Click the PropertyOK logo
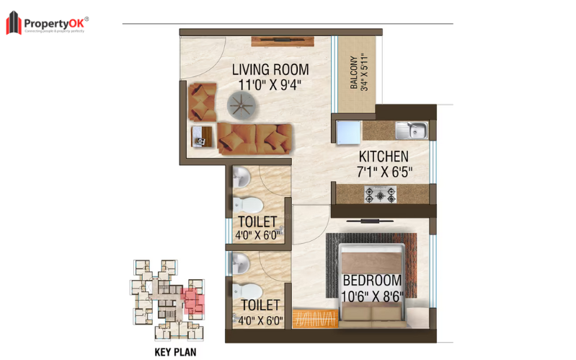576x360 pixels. point(48,23)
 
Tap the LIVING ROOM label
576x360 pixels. point(270,70)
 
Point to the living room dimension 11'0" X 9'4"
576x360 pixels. point(270,85)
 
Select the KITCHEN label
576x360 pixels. point(384,157)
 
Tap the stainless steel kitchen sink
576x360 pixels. point(411,131)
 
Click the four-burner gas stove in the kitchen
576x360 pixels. point(379,193)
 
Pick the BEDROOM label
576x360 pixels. point(371,280)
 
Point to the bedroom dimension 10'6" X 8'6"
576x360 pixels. point(371,294)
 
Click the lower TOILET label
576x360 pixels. point(260,306)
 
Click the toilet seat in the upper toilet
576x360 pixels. point(239,204)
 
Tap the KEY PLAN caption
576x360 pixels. point(177,353)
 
